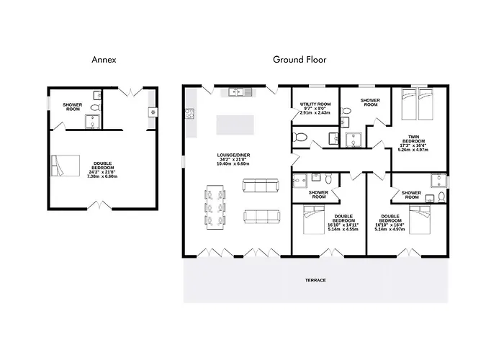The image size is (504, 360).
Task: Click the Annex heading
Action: [x=104, y=60]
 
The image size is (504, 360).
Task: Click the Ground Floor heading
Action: [x=300, y=60]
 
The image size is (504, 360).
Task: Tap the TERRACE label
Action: [x=315, y=280]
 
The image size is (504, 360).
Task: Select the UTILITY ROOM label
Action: [x=315, y=104]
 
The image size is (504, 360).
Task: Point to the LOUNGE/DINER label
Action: [x=233, y=156]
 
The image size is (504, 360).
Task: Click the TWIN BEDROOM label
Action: [x=414, y=139]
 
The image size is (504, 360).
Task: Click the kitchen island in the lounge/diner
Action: [x=235, y=125]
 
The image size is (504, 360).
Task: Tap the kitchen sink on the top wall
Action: [x=237, y=92]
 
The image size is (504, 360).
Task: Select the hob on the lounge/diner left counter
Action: [x=189, y=114]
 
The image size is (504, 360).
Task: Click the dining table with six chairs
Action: [x=215, y=207]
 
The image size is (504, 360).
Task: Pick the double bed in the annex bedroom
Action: [x=66, y=166]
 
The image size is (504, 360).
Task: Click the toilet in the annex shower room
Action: [x=96, y=107]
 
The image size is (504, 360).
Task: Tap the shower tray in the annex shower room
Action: [x=93, y=122]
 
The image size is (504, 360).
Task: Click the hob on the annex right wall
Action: [x=153, y=112]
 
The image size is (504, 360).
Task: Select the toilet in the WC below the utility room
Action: [x=300, y=138]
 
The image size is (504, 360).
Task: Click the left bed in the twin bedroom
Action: [x=409, y=104]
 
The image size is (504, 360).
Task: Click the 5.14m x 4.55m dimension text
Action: [x=343, y=229]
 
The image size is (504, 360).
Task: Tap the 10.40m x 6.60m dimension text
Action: [x=233, y=163]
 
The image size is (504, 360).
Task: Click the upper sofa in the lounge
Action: [x=261, y=186]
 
